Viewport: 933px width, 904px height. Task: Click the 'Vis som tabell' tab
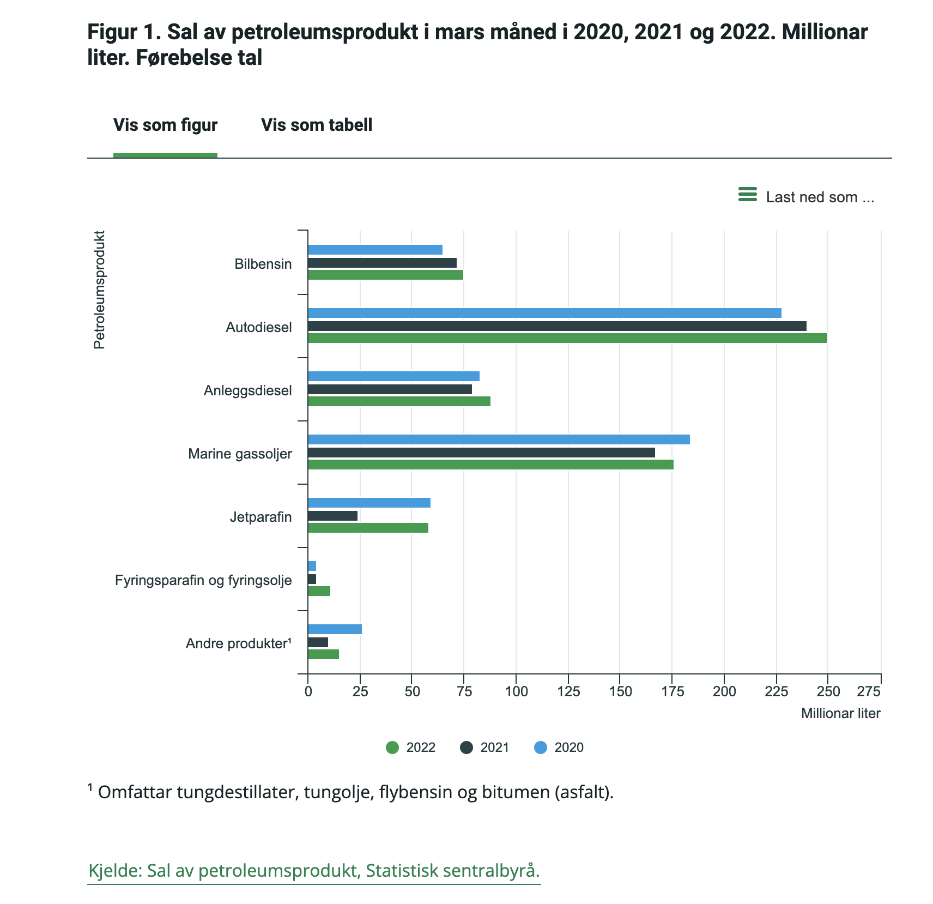317,125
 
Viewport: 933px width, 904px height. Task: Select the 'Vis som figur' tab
165,125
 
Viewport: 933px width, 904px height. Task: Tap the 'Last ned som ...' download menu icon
748,195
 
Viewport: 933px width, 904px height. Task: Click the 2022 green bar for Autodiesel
567,338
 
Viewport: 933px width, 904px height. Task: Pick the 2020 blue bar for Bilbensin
375,250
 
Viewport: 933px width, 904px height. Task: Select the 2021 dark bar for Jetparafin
332,516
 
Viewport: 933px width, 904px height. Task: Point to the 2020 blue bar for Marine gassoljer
499,439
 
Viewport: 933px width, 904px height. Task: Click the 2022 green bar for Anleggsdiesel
399,401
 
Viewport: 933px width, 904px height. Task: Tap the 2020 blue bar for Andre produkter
335,629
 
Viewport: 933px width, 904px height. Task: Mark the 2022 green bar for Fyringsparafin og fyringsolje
319,591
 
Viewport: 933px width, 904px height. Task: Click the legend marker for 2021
466,748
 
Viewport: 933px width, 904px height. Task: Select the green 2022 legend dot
392,748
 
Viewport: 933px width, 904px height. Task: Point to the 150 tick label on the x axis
620,692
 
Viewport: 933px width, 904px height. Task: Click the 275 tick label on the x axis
869,692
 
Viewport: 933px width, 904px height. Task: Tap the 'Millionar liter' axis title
840,714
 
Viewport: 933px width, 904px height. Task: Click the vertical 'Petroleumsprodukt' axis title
99,290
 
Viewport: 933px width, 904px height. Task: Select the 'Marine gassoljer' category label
240,454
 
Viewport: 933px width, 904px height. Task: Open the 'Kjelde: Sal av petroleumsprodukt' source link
314,870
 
